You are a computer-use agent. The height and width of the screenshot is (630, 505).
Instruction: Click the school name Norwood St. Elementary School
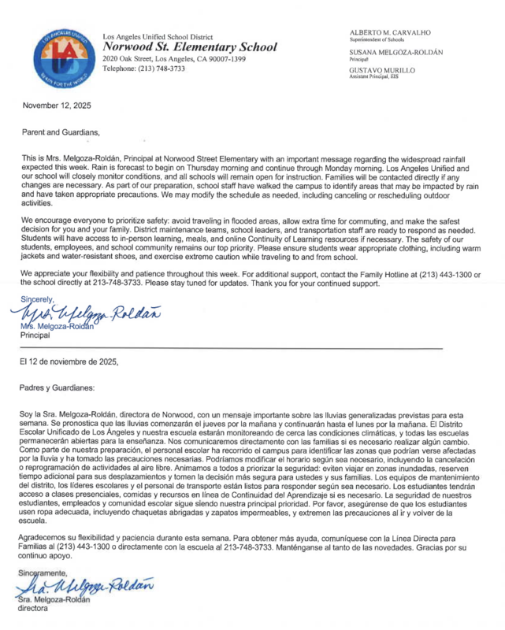pyautogui.click(x=190, y=47)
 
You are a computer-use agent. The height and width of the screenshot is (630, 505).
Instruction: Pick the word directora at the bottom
pyautogui.click(x=34, y=609)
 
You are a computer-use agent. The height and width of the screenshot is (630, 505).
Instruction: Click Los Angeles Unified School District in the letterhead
pyautogui.click(x=158, y=36)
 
